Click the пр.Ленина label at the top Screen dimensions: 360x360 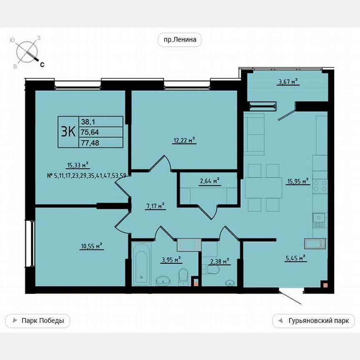pyautogui.click(x=180, y=40)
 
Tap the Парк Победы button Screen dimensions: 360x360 pyautogui.click(x=37, y=321)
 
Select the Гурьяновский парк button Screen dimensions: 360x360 pyautogui.click(x=313, y=321)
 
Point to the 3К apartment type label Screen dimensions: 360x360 pyautogui.click(x=68, y=132)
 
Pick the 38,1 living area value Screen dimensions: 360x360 pyautogui.click(x=88, y=121)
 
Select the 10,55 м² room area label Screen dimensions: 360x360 pyautogui.click(x=91, y=246)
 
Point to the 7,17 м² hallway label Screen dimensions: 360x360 pyautogui.click(x=155, y=205)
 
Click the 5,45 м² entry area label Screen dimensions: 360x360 pyautogui.click(x=295, y=258)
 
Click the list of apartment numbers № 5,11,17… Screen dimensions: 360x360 pyautogui.click(x=87, y=175)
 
